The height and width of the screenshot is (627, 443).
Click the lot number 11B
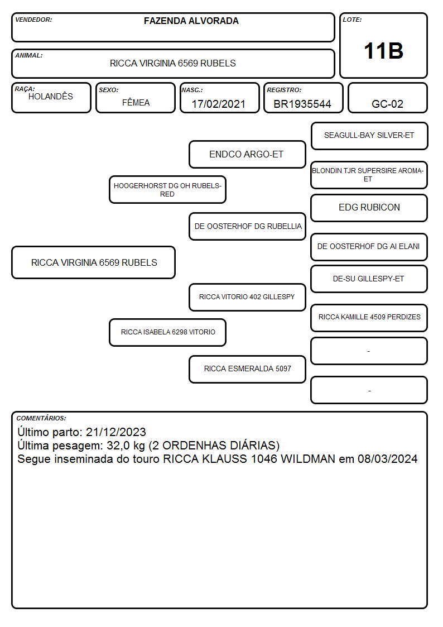point(383,51)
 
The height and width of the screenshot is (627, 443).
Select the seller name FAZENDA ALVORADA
point(191,21)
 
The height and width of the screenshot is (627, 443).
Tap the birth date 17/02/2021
point(219,104)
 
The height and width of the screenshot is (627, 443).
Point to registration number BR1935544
point(302,104)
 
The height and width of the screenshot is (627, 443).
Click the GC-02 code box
point(387,98)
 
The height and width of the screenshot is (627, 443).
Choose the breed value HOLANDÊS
point(51,96)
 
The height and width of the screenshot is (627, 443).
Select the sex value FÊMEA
point(136,102)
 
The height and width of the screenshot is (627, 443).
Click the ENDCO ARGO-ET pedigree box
point(247,154)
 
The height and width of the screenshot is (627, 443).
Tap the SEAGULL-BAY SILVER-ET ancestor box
point(369,136)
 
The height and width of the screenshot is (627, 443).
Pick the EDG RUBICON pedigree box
point(369,208)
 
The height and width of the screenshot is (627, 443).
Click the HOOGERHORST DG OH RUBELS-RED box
point(168,189)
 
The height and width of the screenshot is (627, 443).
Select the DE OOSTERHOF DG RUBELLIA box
point(247,226)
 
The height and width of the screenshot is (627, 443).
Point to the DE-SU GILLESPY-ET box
point(369,279)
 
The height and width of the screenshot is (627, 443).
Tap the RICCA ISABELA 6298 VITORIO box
point(168,332)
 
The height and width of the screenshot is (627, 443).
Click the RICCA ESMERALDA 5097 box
point(247,369)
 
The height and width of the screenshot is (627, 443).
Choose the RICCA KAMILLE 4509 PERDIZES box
point(369,318)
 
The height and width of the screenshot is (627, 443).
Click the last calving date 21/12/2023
point(116,432)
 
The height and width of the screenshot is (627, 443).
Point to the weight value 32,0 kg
point(126,446)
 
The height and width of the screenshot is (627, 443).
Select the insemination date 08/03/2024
point(387,458)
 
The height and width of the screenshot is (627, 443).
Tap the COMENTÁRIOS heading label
point(41,418)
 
